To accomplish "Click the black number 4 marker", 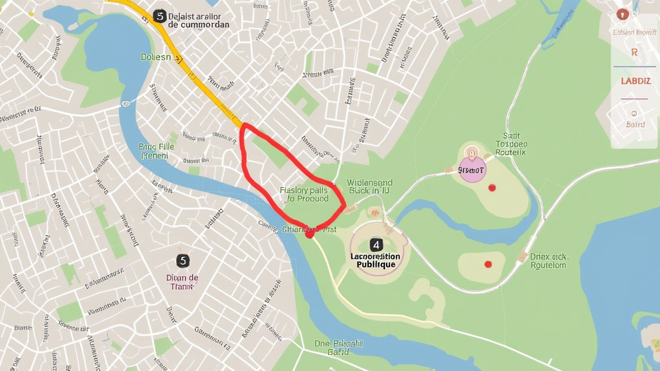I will click(x=376, y=245).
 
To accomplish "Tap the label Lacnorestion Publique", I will click(x=375, y=260).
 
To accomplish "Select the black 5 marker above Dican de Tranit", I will click(x=183, y=260).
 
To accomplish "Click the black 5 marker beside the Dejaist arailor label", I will click(x=159, y=16).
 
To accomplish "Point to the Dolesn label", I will click(x=156, y=57).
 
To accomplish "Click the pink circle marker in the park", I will click(x=472, y=169).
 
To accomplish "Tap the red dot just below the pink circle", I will click(x=492, y=187).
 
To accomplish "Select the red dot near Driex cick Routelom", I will click(x=488, y=264).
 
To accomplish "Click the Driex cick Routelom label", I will click(x=548, y=260).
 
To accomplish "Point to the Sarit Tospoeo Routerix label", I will click(x=511, y=144).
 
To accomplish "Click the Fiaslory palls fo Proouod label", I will click(x=304, y=195).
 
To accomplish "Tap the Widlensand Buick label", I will click(x=369, y=187).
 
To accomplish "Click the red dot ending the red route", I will click(x=309, y=234).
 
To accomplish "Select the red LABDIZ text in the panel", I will click(x=636, y=81).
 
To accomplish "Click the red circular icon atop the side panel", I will click(x=622, y=14).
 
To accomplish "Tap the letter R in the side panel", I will click(x=634, y=53).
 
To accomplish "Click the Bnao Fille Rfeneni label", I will click(x=157, y=151).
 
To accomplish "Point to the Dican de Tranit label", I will click(x=183, y=282).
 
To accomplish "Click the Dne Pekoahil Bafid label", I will click(x=339, y=348).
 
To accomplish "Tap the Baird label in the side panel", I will click(x=635, y=124).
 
